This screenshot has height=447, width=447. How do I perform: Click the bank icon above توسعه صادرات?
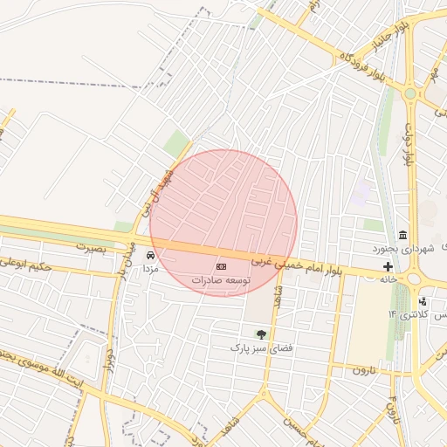click(222, 266)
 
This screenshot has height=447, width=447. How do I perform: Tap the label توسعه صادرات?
click(222, 280)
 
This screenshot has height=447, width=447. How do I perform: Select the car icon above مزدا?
click(150, 256)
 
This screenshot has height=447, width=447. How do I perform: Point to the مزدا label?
click(150, 270)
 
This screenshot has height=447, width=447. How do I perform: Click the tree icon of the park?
click(259, 334)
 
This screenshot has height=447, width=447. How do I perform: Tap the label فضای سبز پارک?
click(258, 347)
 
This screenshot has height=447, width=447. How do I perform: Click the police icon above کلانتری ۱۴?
click(423, 301)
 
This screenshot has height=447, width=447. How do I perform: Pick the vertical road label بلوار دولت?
click(407, 143)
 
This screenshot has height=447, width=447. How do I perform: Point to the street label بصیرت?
click(90, 247)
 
